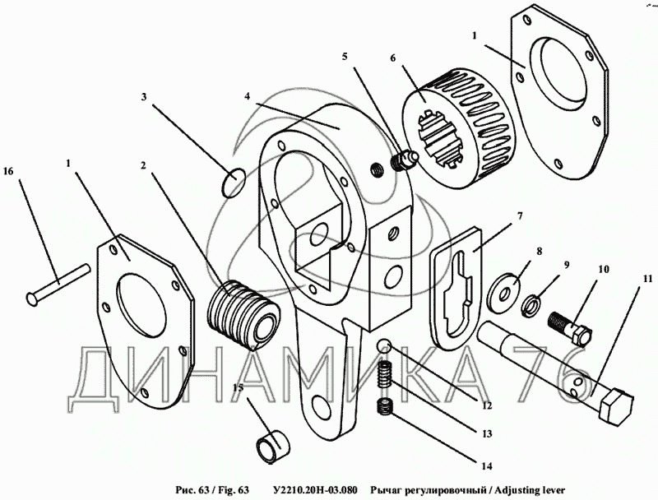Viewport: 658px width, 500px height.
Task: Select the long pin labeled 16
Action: [58, 280]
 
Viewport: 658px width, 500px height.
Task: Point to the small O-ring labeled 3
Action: [234, 183]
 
